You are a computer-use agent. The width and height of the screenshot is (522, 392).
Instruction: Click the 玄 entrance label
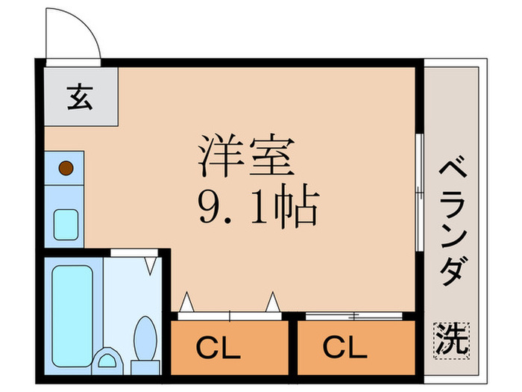(80, 98)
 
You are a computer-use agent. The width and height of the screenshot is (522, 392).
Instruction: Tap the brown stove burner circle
(66, 167)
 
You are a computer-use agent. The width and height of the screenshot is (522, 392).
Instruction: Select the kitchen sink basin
(66, 222)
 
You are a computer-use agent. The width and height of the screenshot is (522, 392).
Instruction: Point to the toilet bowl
(145, 335)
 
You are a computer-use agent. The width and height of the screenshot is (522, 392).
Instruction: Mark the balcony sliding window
(420, 192)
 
